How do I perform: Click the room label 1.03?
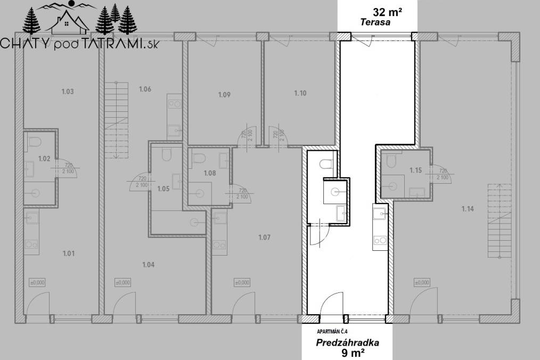[x=67, y=92]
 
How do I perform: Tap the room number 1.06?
[x=144, y=89]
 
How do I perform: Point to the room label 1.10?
[x=300, y=93]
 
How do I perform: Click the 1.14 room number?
[x=467, y=209]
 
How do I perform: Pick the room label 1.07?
[x=264, y=238]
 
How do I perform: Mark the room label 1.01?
[x=68, y=253]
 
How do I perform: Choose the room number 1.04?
[x=148, y=264]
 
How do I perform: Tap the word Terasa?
[x=375, y=23]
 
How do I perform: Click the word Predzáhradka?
[x=347, y=343]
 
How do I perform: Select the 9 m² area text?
[x=353, y=352]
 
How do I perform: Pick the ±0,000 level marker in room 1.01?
[x=37, y=283]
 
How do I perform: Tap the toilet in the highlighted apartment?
[x=326, y=162]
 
